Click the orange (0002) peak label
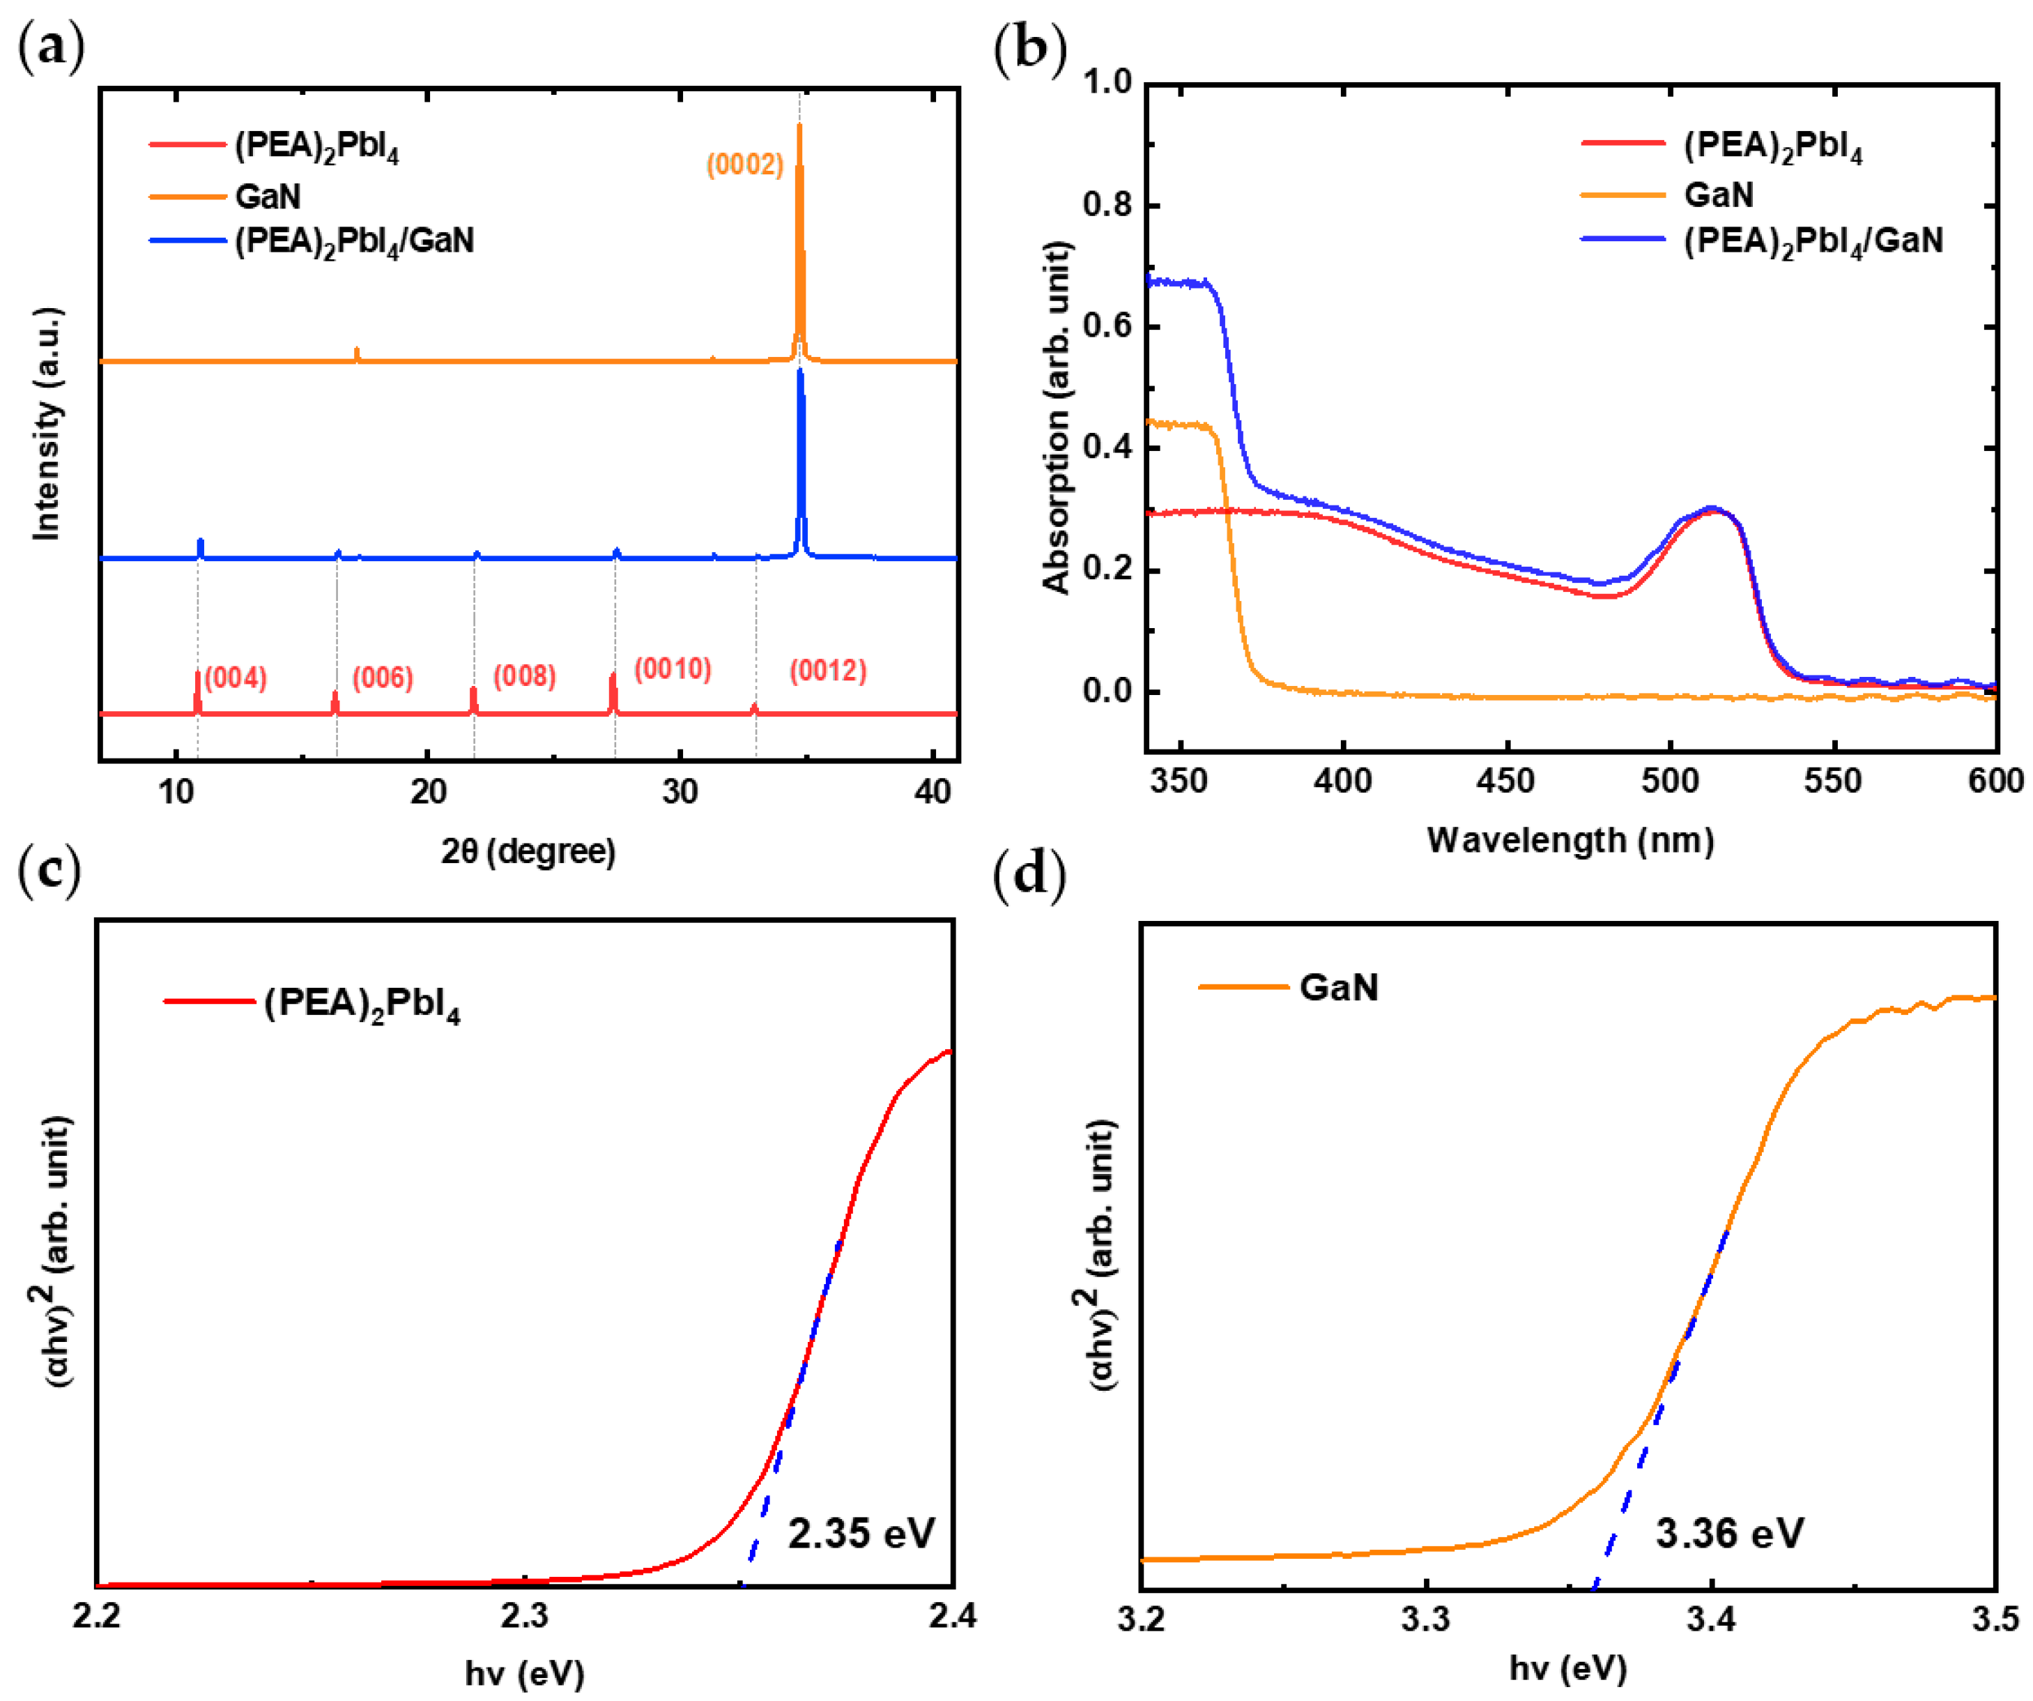744,165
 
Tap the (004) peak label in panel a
236,678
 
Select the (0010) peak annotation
673,669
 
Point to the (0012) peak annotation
828,671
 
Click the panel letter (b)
1029,48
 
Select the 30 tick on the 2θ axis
681,793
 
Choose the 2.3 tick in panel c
523,1616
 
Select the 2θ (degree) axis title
528,852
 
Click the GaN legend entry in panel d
1338,989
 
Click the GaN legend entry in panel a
267,197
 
